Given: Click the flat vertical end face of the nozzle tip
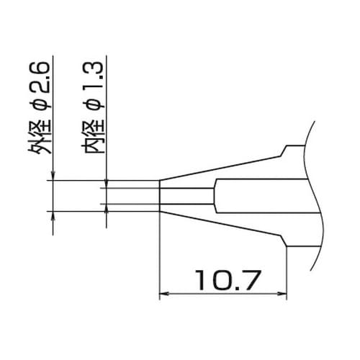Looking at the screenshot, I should pos(159,196).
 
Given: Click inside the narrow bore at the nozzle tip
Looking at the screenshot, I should pos(186,196).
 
